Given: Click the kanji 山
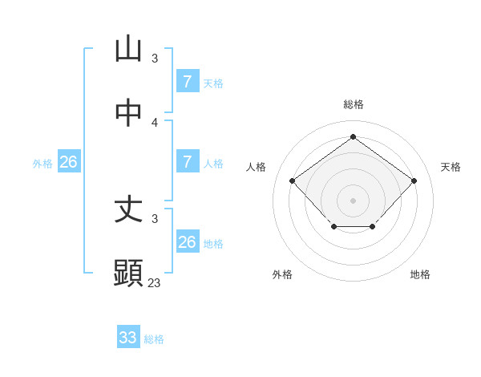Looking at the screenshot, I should (128, 50).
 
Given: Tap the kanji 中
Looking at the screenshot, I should (128, 113).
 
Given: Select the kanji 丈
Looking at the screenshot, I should (128, 209).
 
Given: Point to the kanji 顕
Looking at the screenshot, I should (128, 274).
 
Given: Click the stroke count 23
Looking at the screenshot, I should (155, 282).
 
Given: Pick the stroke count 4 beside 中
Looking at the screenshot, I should (155, 122).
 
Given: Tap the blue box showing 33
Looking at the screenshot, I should (128, 338).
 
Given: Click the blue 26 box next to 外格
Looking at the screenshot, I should (68, 162).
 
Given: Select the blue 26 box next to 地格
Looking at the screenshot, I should (188, 242).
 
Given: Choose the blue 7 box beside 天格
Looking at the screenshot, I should (188, 81).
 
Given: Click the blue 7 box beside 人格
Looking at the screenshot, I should (188, 162).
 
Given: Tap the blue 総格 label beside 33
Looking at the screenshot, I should (154, 339).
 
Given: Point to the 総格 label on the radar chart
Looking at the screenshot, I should (353, 104).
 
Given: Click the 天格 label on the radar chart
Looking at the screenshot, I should (451, 167).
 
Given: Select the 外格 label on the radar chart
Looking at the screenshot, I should (282, 274).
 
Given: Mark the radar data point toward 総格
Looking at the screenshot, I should (353, 136).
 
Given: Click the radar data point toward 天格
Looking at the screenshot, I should (414, 180).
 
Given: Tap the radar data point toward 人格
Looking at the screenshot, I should (292, 180).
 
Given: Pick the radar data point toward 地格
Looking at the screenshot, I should (373, 228).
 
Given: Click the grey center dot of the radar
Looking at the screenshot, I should (353, 200).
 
